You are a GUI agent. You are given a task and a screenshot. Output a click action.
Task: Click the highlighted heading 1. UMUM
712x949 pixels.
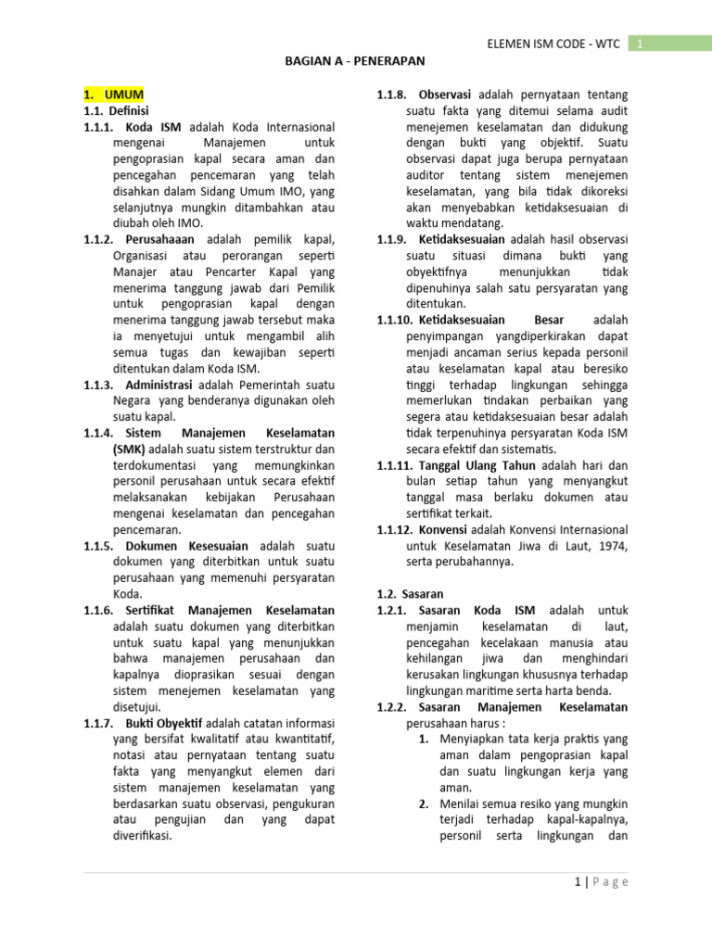(113, 95)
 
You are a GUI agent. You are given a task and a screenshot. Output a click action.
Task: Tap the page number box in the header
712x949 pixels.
(640, 43)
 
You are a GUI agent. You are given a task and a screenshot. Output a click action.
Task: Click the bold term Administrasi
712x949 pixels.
(159, 385)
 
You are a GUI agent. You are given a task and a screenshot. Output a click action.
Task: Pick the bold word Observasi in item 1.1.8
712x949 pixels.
(445, 95)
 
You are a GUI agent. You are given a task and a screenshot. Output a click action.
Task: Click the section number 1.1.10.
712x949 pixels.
(396, 320)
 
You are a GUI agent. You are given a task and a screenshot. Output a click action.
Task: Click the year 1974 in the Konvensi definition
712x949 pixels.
(613, 545)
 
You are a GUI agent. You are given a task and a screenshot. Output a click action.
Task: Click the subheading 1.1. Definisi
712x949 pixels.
(110, 111)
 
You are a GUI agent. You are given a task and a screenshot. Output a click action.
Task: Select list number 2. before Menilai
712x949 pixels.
(423, 803)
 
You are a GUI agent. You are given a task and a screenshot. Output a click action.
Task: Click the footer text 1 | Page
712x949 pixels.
(601, 882)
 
